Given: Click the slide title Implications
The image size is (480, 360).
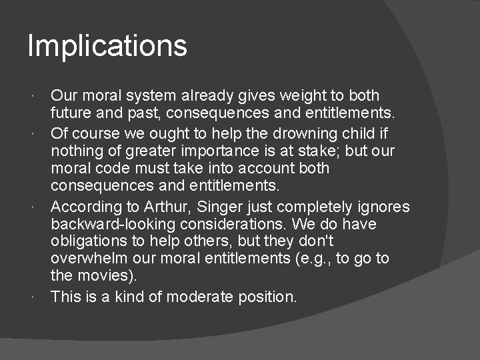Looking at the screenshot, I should coord(107,47).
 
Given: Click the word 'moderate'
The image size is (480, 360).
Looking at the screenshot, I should coord(198,297).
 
